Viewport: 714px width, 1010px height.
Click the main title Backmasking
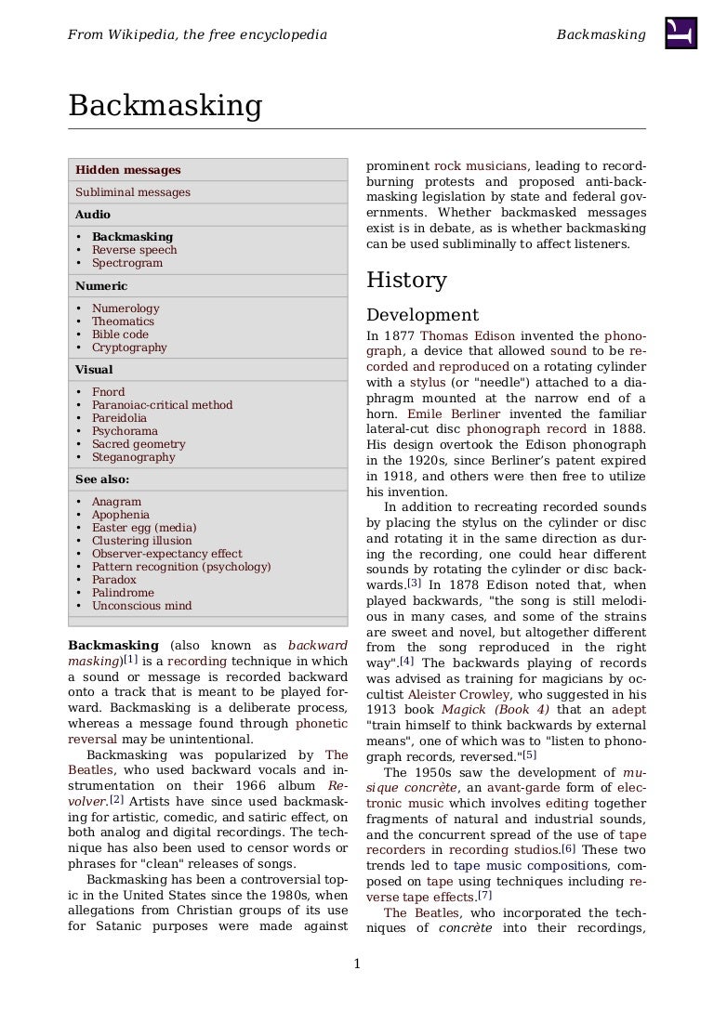pyautogui.click(x=165, y=106)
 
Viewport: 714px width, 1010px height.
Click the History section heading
pyautogui.click(x=406, y=280)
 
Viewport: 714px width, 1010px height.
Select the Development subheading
pyautogui.click(x=422, y=315)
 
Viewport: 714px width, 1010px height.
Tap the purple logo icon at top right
pyautogui.click(x=681, y=33)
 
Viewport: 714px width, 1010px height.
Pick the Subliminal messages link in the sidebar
pyautogui.click(x=132, y=192)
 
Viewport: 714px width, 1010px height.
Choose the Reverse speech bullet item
pyautogui.click(x=134, y=250)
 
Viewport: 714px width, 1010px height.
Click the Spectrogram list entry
pyautogui.click(x=126, y=263)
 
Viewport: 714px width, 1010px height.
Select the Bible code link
pyautogui.click(x=120, y=334)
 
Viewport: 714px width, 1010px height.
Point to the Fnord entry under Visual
pyautogui.click(x=108, y=392)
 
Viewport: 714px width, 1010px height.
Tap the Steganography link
pyautogui.click(x=132, y=457)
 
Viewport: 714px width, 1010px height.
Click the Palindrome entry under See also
pyautogui.click(x=123, y=593)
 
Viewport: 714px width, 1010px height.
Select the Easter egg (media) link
pyautogui.click(x=143, y=528)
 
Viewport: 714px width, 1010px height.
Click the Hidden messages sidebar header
pyautogui.click(x=127, y=170)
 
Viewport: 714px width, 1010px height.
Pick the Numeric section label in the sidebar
pyautogui.click(x=101, y=286)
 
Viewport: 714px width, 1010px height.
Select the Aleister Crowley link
pyautogui.click(x=459, y=695)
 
